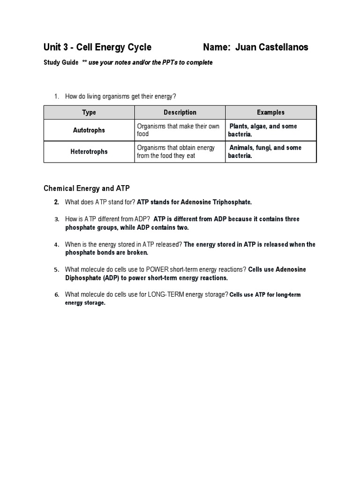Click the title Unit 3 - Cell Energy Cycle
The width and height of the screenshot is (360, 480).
[97, 47]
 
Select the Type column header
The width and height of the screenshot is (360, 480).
[89, 112]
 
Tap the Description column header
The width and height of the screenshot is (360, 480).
[180, 112]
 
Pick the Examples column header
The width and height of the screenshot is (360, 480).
[270, 112]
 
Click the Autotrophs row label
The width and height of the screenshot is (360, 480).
[89, 130]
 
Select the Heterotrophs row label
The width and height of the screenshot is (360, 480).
[89, 152]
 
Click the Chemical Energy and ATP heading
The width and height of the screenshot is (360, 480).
[87, 188]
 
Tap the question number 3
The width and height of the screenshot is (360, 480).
[56, 219]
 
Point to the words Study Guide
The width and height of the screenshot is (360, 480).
[61, 63]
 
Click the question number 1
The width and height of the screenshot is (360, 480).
[56, 97]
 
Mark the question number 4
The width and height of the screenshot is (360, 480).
[56, 245]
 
